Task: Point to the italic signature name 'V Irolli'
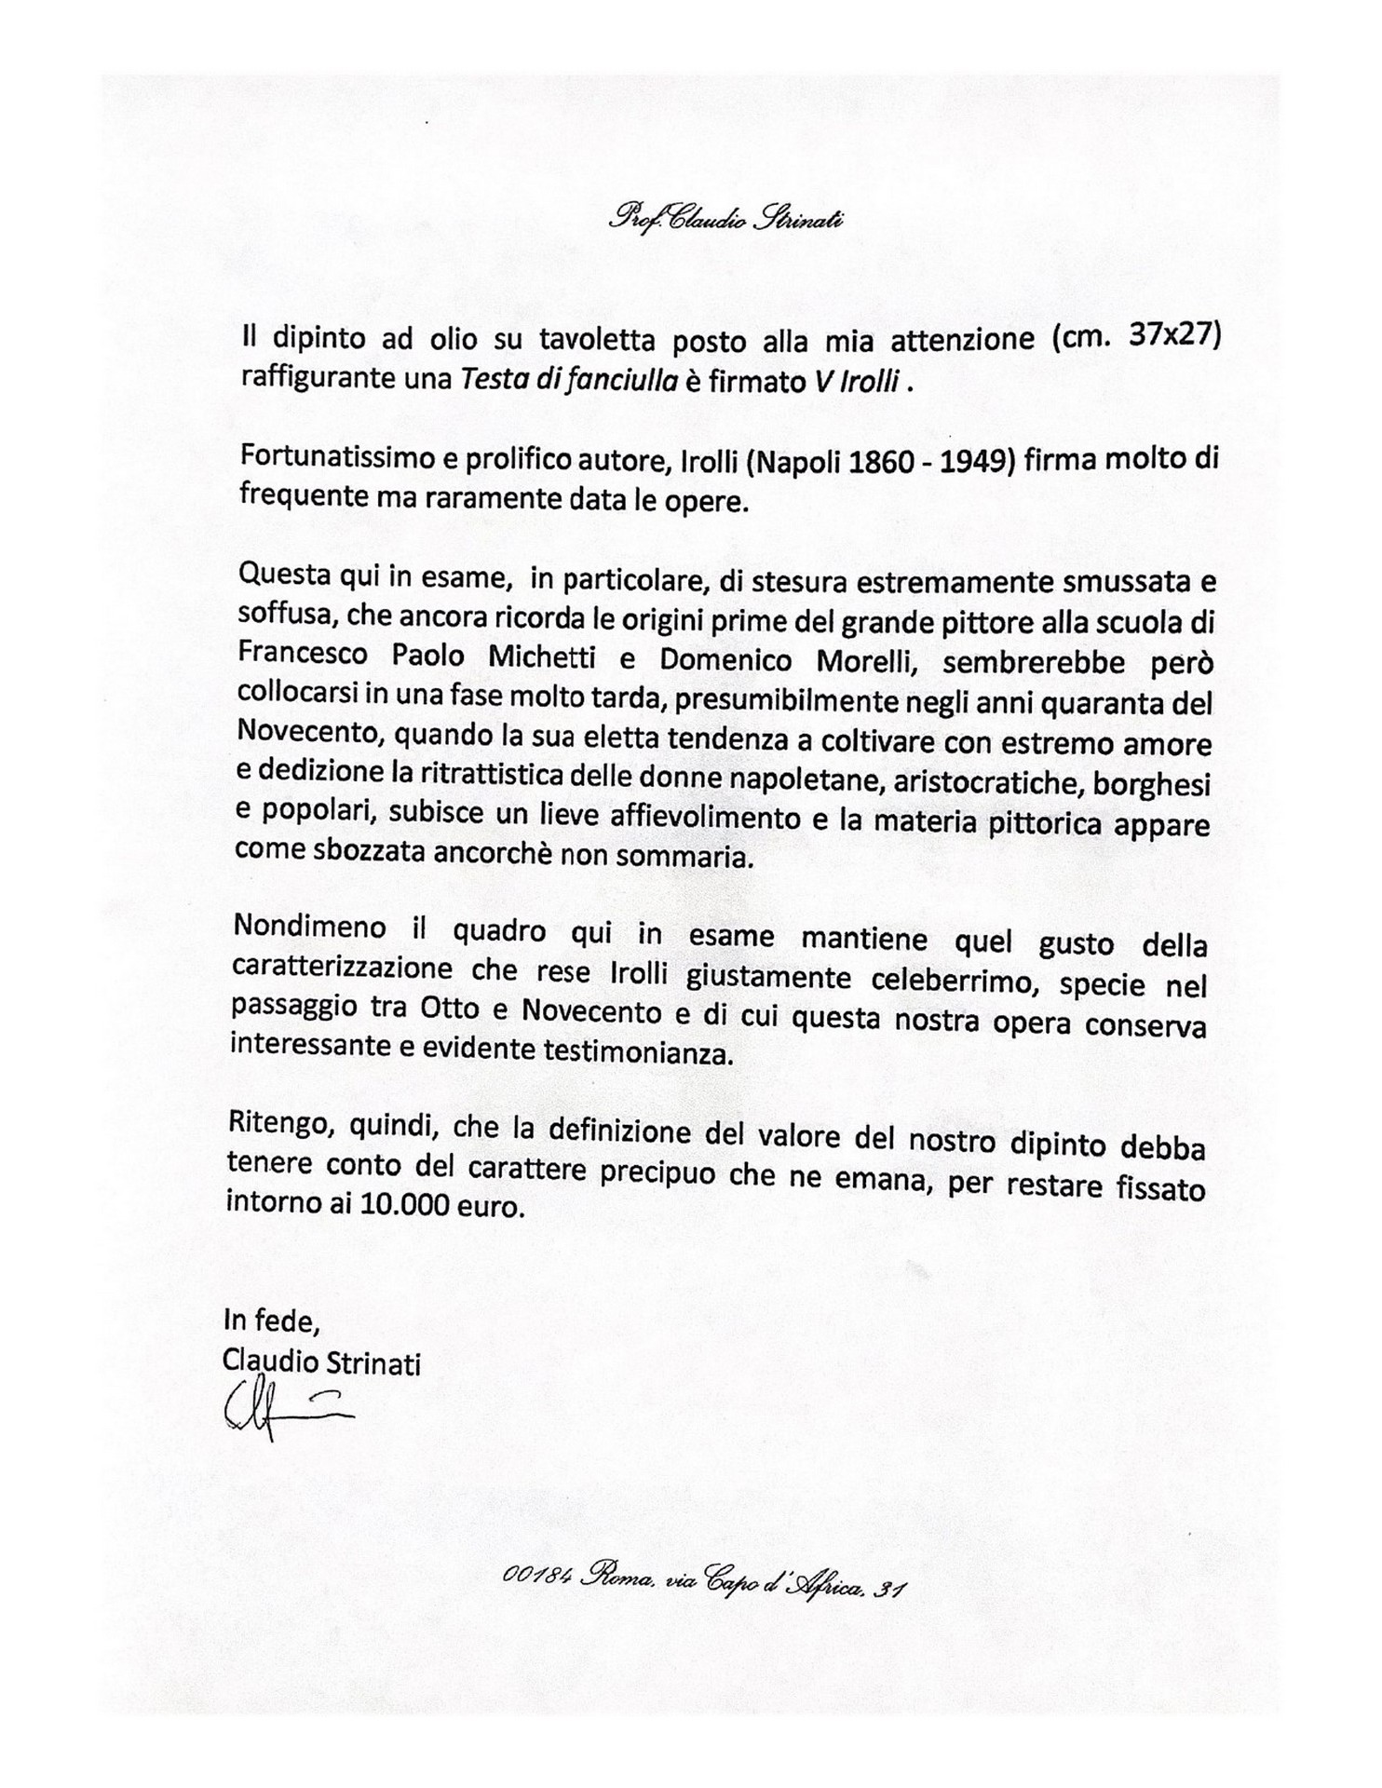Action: pos(853,382)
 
